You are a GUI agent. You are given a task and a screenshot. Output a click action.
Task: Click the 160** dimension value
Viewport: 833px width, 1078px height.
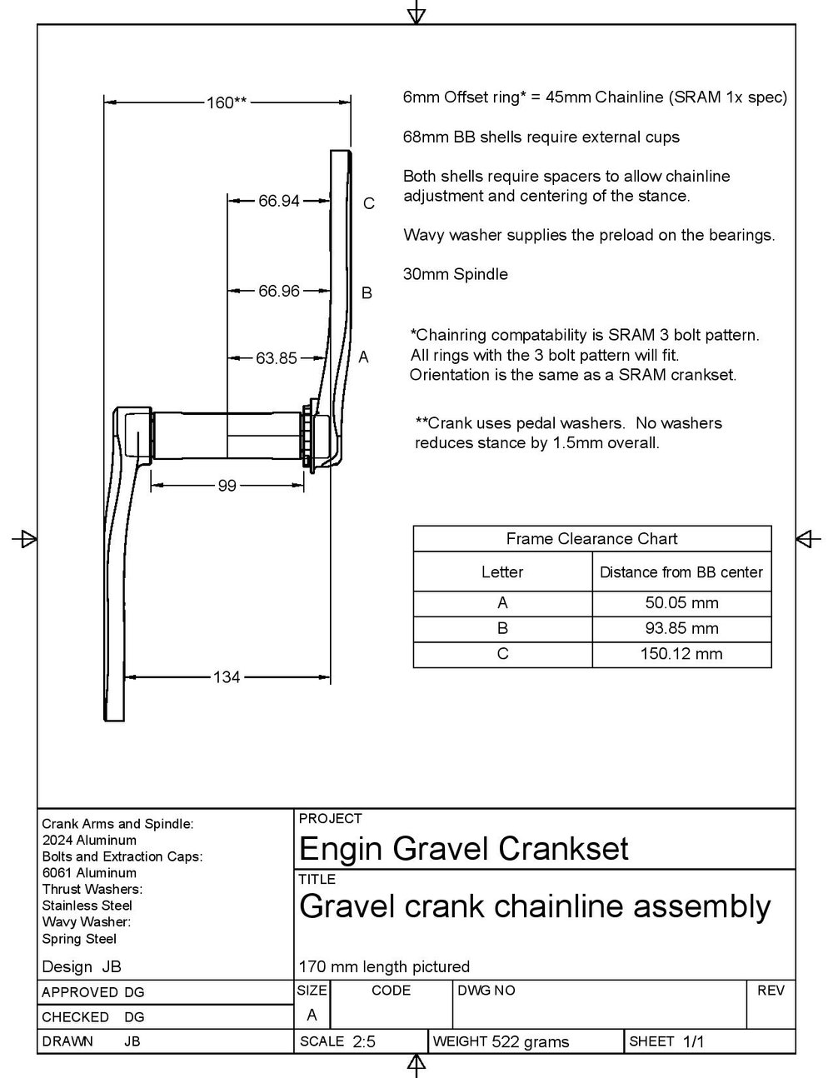click(x=227, y=103)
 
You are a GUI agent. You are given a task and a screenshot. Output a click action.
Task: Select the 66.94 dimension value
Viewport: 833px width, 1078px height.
click(x=278, y=201)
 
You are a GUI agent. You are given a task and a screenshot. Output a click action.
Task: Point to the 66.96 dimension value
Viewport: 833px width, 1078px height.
click(x=278, y=292)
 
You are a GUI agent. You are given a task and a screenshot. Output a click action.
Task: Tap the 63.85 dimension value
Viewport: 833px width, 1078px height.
click(x=277, y=358)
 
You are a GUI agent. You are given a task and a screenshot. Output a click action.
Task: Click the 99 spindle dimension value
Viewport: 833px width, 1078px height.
click(x=227, y=486)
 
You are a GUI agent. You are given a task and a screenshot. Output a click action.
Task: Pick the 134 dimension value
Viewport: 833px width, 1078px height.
click(x=227, y=677)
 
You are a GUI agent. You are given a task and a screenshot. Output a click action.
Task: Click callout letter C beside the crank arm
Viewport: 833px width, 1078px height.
click(x=369, y=203)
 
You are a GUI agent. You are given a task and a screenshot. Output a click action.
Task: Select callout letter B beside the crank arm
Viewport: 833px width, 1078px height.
click(x=366, y=293)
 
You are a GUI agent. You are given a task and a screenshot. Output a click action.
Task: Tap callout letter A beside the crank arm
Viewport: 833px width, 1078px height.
click(x=363, y=357)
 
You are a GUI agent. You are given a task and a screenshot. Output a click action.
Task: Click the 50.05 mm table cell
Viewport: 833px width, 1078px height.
click(x=681, y=603)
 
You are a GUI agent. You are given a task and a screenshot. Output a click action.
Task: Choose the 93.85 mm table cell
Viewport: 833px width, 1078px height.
click(x=681, y=628)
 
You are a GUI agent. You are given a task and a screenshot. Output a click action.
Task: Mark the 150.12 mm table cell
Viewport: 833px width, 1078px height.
click(x=681, y=654)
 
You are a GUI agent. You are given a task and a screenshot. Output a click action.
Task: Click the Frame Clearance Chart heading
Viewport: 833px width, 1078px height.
click(x=591, y=539)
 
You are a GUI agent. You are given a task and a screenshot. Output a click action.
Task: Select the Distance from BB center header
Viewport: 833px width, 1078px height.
click(x=681, y=572)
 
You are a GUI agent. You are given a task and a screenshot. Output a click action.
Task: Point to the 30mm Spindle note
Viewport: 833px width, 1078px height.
click(x=455, y=274)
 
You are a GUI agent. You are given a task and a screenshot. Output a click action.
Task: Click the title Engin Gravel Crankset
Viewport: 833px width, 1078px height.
click(x=463, y=849)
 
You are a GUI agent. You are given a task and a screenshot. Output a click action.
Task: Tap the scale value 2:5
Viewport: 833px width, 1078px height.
click(x=364, y=1041)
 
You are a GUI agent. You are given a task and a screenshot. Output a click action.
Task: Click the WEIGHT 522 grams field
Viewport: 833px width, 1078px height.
click(x=501, y=1041)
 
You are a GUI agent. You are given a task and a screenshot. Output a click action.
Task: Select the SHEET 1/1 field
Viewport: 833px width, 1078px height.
click(x=666, y=1041)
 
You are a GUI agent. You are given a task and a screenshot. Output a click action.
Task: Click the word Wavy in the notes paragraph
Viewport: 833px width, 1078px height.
click(x=422, y=235)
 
